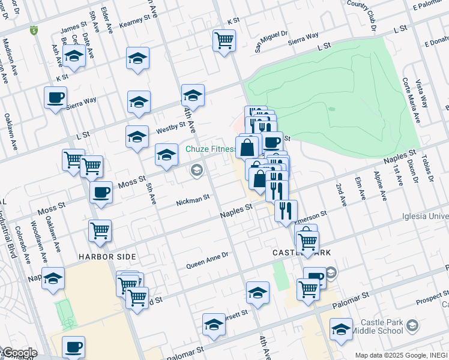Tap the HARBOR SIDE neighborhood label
pyautogui.click(x=107, y=256)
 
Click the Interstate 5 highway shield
pyautogui.click(x=33, y=29)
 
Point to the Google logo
pyautogui.click(x=19, y=353)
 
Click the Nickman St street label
pyautogui.click(x=192, y=199)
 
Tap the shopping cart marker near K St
pyautogui.click(x=224, y=41)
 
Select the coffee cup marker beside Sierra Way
pyautogui.click(x=55, y=97)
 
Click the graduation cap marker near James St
pyautogui.click(x=74, y=57)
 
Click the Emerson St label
pyautogui.click(x=312, y=216)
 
